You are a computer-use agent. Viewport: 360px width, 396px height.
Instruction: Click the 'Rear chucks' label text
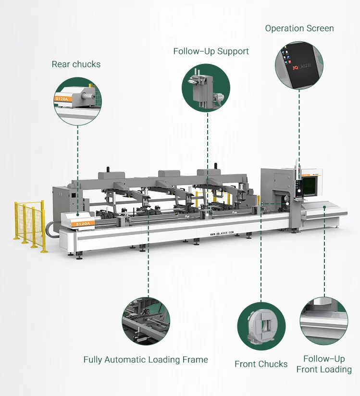pyautogui.click(x=76, y=64)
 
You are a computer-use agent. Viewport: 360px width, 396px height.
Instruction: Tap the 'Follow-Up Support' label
pyautogui.click(x=211, y=51)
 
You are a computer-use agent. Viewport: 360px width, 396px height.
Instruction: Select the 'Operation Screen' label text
pyautogui.click(x=299, y=28)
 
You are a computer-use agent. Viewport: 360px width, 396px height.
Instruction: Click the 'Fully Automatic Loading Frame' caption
pyautogui.click(x=146, y=359)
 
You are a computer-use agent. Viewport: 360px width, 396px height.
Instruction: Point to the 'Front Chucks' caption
pyautogui.click(x=261, y=364)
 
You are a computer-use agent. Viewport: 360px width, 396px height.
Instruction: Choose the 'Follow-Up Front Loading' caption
pyautogui.click(x=324, y=364)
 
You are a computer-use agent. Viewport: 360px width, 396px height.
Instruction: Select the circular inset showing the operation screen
pyautogui.click(x=299, y=65)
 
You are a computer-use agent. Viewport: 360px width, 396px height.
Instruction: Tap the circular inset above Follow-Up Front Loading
pyautogui.click(x=323, y=321)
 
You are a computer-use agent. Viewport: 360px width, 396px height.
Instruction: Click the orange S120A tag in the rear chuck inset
pyautogui.click(x=63, y=99)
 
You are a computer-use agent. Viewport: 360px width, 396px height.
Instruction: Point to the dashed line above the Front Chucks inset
pyautogui.click(x=261, y=260)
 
